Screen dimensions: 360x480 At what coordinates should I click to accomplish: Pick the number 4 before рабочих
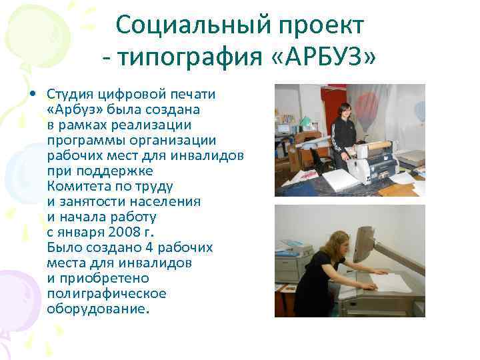click(155, 247)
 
